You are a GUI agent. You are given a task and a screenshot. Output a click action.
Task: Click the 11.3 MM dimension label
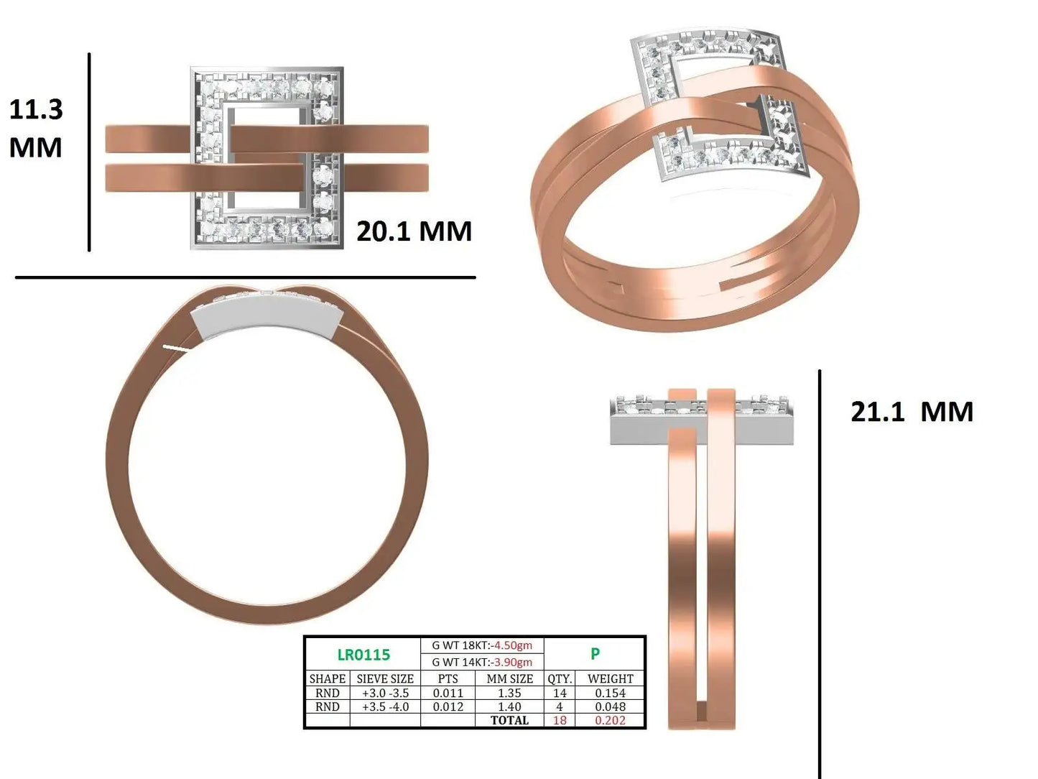point(36,129)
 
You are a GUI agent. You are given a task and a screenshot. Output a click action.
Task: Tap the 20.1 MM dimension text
point(414,231)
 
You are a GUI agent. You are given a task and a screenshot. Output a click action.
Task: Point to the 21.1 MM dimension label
point(912,412)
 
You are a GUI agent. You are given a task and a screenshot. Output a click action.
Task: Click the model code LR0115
point(363,655)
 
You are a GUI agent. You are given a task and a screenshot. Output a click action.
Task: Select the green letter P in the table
point(595,654)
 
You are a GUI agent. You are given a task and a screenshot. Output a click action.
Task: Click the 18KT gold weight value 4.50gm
point(513,645)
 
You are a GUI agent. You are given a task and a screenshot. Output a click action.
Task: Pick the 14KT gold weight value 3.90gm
point(513,662)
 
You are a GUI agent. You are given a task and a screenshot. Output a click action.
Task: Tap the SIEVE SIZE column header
point(385,678)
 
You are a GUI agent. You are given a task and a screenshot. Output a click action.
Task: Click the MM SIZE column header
point(510,678)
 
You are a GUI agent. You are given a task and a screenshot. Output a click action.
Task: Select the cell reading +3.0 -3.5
point(385,693)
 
